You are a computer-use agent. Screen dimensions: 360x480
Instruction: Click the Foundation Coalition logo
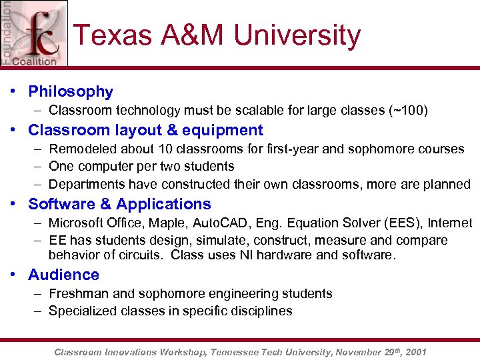click(x=33, y=33)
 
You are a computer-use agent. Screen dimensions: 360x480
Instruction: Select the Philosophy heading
click(x=71, y=92)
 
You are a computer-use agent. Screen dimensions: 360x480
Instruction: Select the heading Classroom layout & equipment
click(x=145, y=130)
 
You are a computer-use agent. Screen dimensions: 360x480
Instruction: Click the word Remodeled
click(x=81, y=149)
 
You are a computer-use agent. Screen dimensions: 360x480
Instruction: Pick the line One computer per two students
click(x=141, y=166)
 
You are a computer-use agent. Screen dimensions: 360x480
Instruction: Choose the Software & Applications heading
click(x=119, y=204)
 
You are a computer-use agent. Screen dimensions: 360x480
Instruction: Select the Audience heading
click(x=63, y=275)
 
